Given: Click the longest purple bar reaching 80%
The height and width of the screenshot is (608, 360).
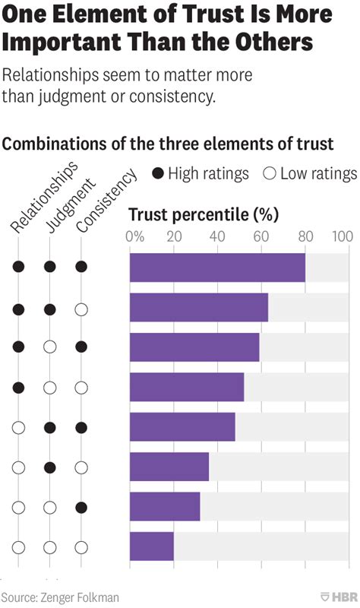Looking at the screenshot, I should (217, 268).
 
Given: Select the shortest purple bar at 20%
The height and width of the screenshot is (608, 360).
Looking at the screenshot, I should (152, 546).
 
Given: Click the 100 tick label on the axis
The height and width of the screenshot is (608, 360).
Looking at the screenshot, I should (342, 236).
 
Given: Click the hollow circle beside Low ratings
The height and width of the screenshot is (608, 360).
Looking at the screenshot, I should (268, 173).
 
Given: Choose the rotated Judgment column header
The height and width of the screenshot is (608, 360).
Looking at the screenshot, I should (71, 204).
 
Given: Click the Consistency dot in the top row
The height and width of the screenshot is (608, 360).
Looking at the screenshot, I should (81, 267).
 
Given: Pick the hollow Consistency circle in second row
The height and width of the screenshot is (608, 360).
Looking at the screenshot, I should (81, 309).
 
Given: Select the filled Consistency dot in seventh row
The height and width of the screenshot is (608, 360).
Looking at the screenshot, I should (81, 507).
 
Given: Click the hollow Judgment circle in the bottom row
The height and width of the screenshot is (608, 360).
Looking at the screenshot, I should (50, 546).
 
